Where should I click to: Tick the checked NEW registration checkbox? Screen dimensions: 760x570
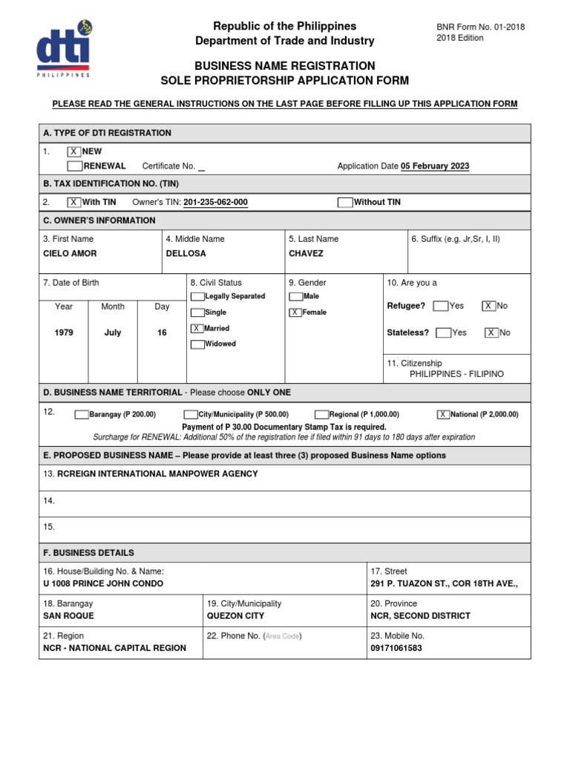74,151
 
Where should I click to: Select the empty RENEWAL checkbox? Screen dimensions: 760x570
74,166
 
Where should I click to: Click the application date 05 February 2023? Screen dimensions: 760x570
435,166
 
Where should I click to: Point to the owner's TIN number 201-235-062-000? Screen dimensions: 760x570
215,202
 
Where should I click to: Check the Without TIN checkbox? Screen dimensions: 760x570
345,202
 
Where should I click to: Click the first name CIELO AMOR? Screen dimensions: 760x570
70,253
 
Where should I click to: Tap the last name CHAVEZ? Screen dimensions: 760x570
306,253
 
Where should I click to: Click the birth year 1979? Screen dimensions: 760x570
64,333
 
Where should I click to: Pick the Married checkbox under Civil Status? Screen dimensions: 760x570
197,328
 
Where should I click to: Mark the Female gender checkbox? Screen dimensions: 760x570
295,312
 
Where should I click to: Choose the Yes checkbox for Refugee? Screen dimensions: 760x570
440,306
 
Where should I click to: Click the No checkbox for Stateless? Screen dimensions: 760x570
491,332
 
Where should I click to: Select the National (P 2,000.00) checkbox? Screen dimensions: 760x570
444,415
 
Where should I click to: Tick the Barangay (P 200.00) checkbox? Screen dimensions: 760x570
82,415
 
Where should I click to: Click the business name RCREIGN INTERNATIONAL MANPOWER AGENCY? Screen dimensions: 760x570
157,474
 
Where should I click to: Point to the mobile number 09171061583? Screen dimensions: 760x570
396,648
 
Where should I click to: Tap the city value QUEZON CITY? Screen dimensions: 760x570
235,615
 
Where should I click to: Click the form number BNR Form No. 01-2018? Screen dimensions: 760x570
480,27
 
